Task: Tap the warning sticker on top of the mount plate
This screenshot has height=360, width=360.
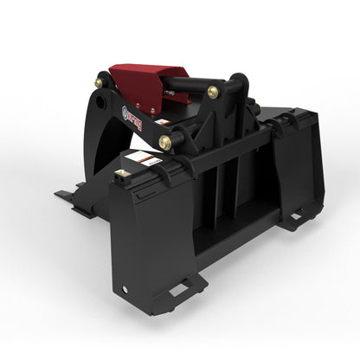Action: point(142,160)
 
